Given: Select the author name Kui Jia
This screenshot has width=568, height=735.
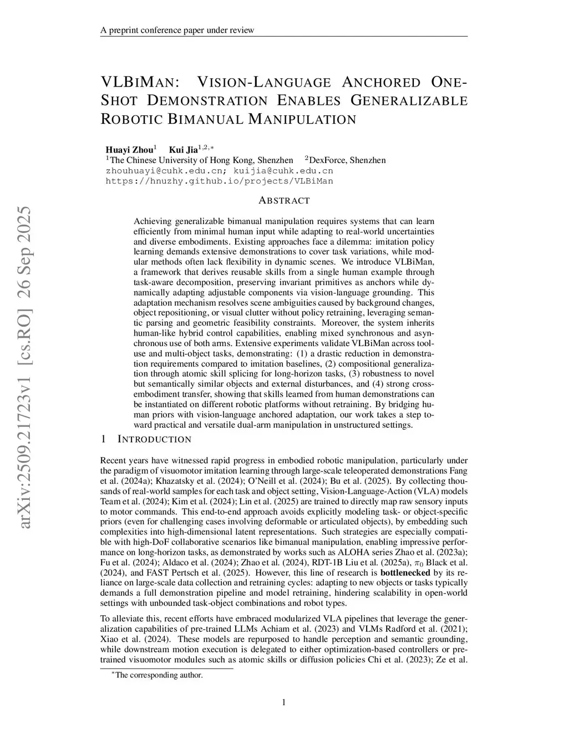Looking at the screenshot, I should click(x=184, y=149).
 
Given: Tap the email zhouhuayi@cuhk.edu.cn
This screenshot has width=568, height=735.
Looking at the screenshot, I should click(x=165, y=170).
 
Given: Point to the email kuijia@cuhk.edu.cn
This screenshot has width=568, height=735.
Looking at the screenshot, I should click(x=283, y=170).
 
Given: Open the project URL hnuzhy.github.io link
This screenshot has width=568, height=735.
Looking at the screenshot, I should click(x=219, y=181).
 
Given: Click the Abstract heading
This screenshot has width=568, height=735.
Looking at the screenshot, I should click(x=284, y=200).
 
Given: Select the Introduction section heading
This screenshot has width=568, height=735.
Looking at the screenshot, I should click(x=154, y=439).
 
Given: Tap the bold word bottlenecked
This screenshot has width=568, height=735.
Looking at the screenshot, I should click(x=405, y=573).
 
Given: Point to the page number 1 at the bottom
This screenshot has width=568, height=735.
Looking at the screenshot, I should click(x=284, y=703).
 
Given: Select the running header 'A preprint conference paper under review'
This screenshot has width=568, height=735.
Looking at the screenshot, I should click(x=177, y=30).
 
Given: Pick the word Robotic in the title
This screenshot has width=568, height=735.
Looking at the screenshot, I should click(x=131, y=119).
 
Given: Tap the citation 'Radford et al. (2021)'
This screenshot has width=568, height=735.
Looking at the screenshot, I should click(x=426, y=629).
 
